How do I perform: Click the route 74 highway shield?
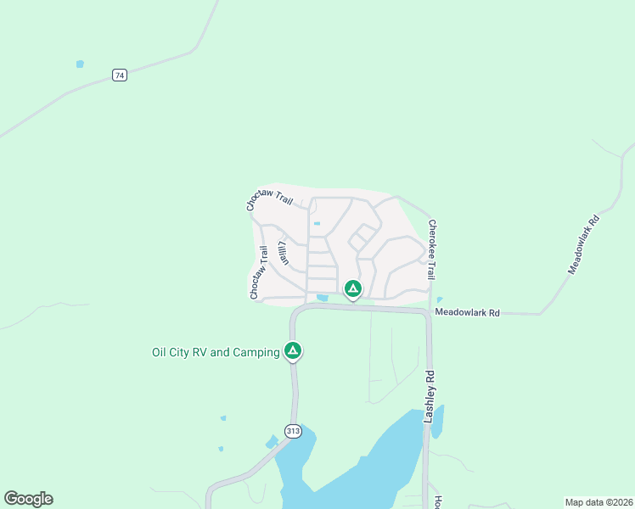120,76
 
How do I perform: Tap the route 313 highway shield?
293,430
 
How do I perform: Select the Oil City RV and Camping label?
215,352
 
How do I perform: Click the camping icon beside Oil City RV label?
293,350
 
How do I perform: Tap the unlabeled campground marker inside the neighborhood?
353,289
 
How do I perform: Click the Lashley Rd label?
430,397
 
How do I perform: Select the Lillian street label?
284,254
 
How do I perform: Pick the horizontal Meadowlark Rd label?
467,313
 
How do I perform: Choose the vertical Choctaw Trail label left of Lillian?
258,273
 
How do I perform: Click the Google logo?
28,499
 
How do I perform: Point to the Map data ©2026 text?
598,502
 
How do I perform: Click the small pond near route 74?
80,64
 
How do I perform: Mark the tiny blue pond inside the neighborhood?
317,223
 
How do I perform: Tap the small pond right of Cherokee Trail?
439,299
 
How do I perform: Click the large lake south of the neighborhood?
365,471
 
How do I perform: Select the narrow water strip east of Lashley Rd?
437,422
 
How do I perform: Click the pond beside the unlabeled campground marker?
323,298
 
